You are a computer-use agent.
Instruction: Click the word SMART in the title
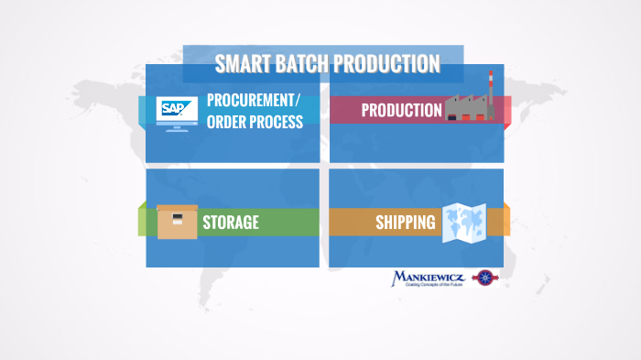[240, 64]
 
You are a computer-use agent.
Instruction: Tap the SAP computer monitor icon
[174, 112]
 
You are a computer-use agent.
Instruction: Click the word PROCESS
[278, 122]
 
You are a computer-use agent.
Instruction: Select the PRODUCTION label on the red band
[401, 111]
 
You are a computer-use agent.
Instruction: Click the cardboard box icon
[177, 221]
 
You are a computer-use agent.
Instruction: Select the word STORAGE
[231, 222]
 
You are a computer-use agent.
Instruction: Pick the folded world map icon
[463, 223]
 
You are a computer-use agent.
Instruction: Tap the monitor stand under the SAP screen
[175, 127]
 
